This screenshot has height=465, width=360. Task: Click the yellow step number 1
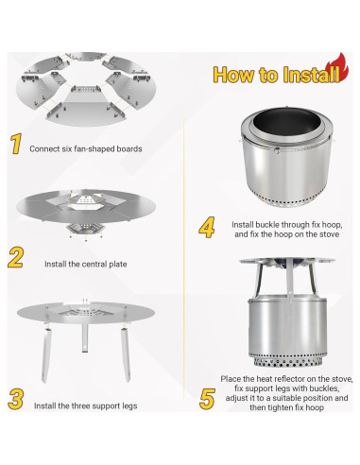[x=16, y=144]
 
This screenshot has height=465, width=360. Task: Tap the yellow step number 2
[x=16, y=257]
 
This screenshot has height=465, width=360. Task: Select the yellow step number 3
[x=16, y=399]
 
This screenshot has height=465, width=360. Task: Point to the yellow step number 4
[x=207, y=227]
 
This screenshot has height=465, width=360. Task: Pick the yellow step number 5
[x=207, y=399]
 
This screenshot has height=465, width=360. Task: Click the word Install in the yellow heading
[x=311, y=75]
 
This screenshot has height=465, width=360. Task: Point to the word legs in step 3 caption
[x=129, y=406]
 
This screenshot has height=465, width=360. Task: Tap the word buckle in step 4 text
[x=267, y=225]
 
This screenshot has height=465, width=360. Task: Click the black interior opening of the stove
[x=286, y=120]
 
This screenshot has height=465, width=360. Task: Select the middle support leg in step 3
[x=85, y=337]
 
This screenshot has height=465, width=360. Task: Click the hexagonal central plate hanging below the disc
[x=85, y=230]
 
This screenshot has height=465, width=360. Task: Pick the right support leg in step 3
[x=126, y=354]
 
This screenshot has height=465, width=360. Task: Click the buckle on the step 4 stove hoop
[x=277, y=150]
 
